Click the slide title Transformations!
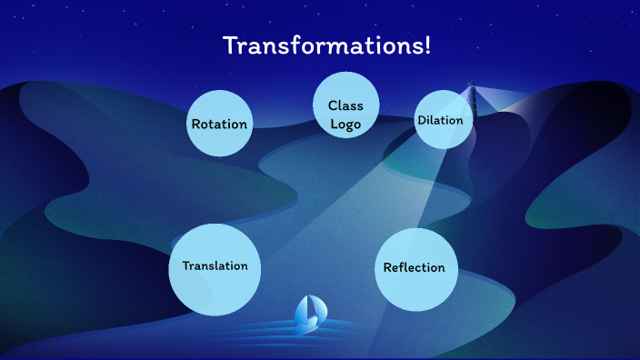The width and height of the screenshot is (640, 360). (326, 46)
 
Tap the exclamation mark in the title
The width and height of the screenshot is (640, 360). (426, 45)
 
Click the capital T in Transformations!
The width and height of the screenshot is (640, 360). (230, 46)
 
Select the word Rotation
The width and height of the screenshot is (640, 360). (219, 124)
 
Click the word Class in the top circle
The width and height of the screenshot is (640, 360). (345, 106)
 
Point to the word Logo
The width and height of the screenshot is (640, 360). (345, 124)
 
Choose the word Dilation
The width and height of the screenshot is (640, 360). (440, 120)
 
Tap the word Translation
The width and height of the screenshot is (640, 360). (215, 266)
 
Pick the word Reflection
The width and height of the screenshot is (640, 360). (415, 267)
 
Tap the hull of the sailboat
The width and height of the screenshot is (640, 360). (310, 323)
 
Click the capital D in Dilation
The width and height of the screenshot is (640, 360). (421, 120)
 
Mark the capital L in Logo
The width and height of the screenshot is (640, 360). (333, 124)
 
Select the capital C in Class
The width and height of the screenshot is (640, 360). (333, 106)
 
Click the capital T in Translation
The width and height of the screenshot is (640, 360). (186, 266)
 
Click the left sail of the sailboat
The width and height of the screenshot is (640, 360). (303, 310)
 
